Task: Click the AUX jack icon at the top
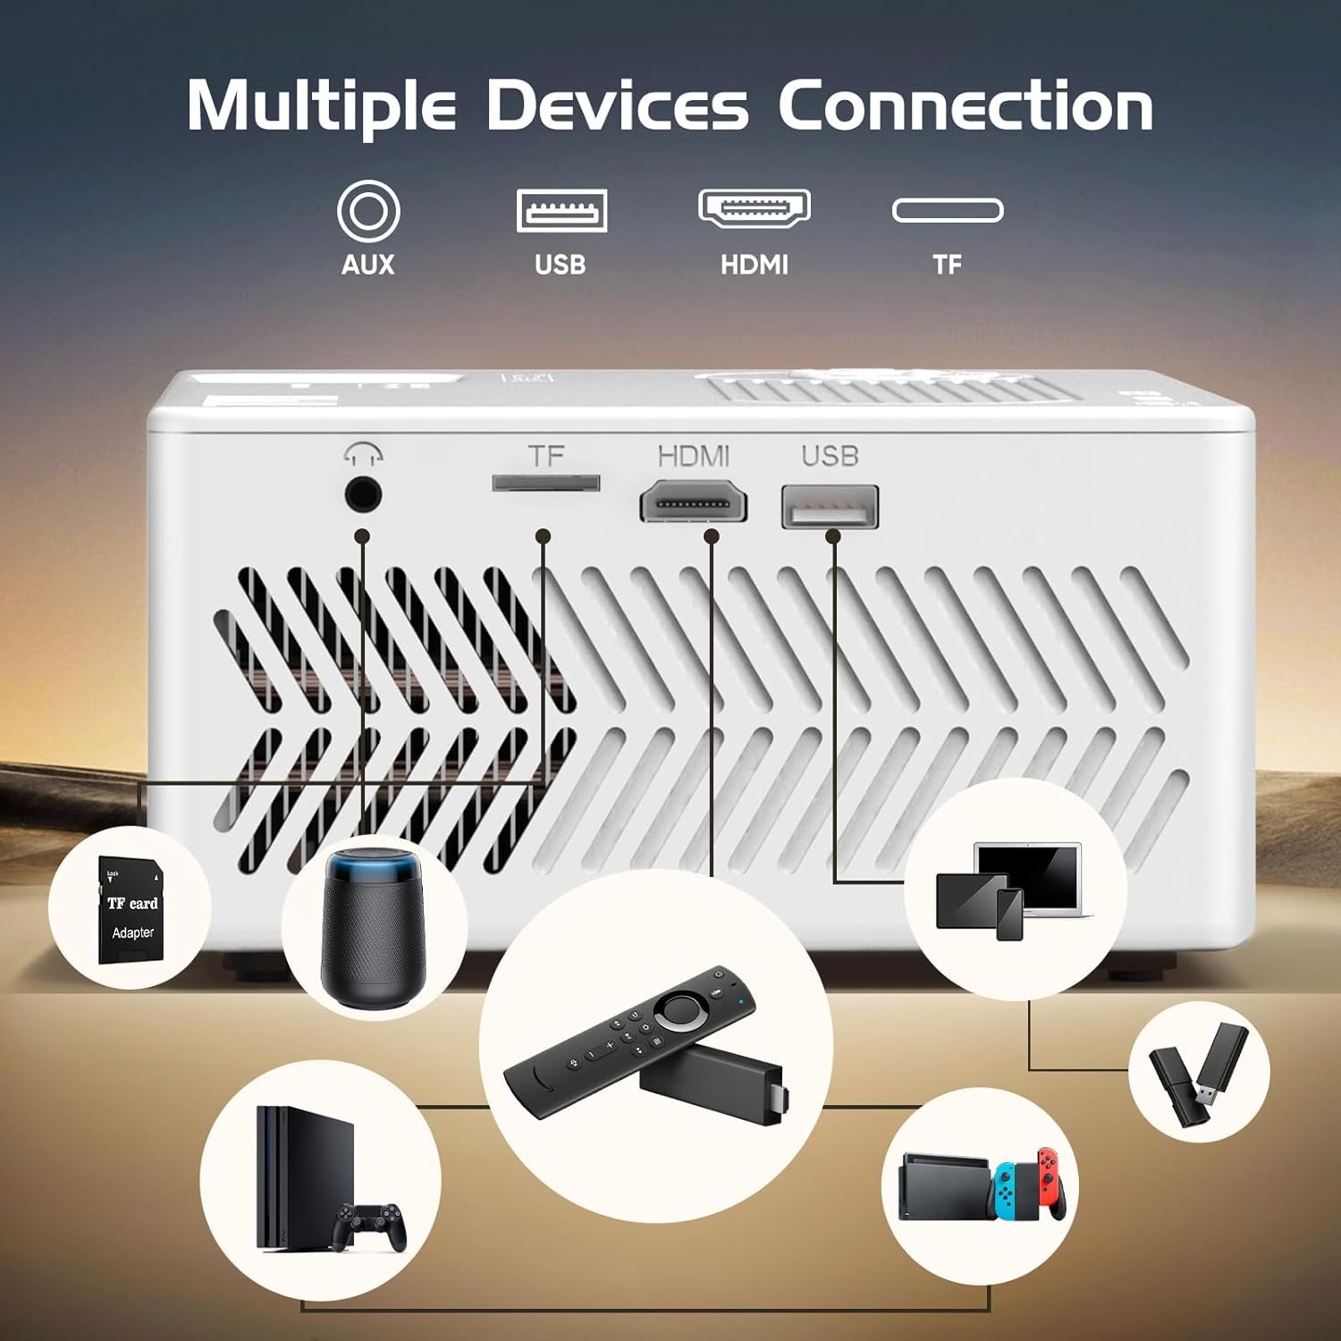pyautogui.click(x=367, y=211)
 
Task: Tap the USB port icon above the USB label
pyautogui.click(x=561, y=211)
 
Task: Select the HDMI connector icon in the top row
pyautogui.click(x=754, y=207)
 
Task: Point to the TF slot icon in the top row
pyautogui.click(x=948, y=211)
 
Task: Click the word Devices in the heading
pyautogui.click(x=617, y=106)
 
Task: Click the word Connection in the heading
pyautogui.click(x=966, y=106)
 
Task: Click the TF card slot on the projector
pyautogui.click(x=545, y=484)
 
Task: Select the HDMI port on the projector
pyautogui.click(x=693, y=502)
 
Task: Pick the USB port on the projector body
pyautogui.click(x=830, y=507)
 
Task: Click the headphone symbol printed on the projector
pyautogui.click(x=363, y=455)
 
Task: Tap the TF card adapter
pyautogui.click(x=131, y=911)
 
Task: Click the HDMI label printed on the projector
pyautogui.click(x=694, y=456)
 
